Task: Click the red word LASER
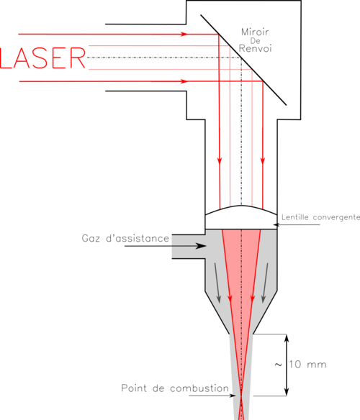click(42, 58)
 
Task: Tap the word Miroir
click(255, 32)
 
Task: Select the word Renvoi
click(255, 48)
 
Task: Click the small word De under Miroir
click(255, 41)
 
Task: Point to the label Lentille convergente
click(320, 217)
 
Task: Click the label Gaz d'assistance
click(125, 238)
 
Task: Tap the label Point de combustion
click(175, 388)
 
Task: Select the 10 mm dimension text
click(307, 365)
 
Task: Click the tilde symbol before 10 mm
click(279, 365)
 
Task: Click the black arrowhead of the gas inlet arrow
click(200, 246)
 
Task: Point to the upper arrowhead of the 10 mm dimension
click(287, 339)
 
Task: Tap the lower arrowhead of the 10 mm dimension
click(287, 391)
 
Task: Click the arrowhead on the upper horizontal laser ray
click(184, 34)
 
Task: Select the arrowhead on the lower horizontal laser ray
click(184, 81)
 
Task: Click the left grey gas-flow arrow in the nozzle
click(217, 283)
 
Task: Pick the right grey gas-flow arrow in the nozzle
click(265, 283)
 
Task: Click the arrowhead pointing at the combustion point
click(233, 396)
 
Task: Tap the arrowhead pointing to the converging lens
click(276, 224)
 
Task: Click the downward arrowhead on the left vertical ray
click(220, 160)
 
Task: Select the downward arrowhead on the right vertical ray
click(263, 160)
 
